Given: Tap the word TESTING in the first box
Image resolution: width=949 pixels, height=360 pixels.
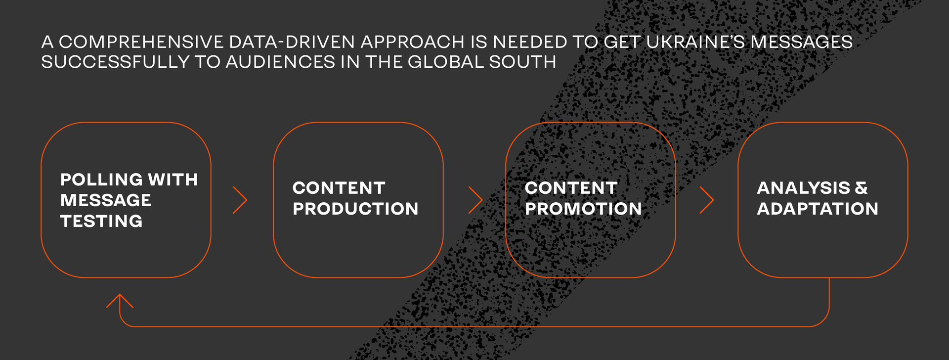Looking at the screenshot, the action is coord(101,221).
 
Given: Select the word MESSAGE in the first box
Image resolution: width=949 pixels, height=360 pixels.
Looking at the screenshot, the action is coord(106,200).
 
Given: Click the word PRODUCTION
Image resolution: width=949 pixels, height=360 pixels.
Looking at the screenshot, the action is coord(355,209).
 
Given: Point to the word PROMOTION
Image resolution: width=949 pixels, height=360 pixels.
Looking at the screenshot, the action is coord(583,209).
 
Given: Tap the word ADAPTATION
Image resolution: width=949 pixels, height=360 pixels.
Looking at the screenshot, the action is coord(818,209).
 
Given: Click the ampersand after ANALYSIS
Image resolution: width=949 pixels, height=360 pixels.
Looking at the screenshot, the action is coord(861,188).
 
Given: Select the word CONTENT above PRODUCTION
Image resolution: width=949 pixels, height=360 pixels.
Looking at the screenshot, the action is coord(339,188).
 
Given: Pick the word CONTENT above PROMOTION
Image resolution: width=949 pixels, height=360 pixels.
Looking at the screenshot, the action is coord(571,188).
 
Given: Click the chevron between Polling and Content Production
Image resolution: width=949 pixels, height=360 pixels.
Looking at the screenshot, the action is coord(240,200).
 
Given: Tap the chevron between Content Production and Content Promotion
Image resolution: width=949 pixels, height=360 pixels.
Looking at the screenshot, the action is coord(475,200).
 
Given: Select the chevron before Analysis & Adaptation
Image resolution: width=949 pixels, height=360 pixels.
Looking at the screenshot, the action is coord(707,200).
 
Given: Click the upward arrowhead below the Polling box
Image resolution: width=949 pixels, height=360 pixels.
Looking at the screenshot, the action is coord(120,301).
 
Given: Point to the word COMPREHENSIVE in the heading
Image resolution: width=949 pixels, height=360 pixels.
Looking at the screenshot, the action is coord(141,42).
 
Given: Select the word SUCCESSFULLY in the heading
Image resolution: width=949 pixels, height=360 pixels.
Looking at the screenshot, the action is coord(115,62).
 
